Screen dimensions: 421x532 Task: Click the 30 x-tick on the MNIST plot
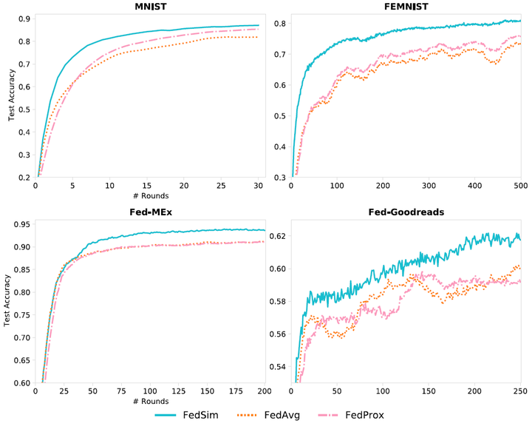pos(259,186)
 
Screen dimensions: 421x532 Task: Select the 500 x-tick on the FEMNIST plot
pos(519,186)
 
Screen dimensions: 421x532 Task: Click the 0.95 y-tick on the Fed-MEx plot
pos(20,224)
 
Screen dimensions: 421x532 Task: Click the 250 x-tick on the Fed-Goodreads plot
pos(519,391)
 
